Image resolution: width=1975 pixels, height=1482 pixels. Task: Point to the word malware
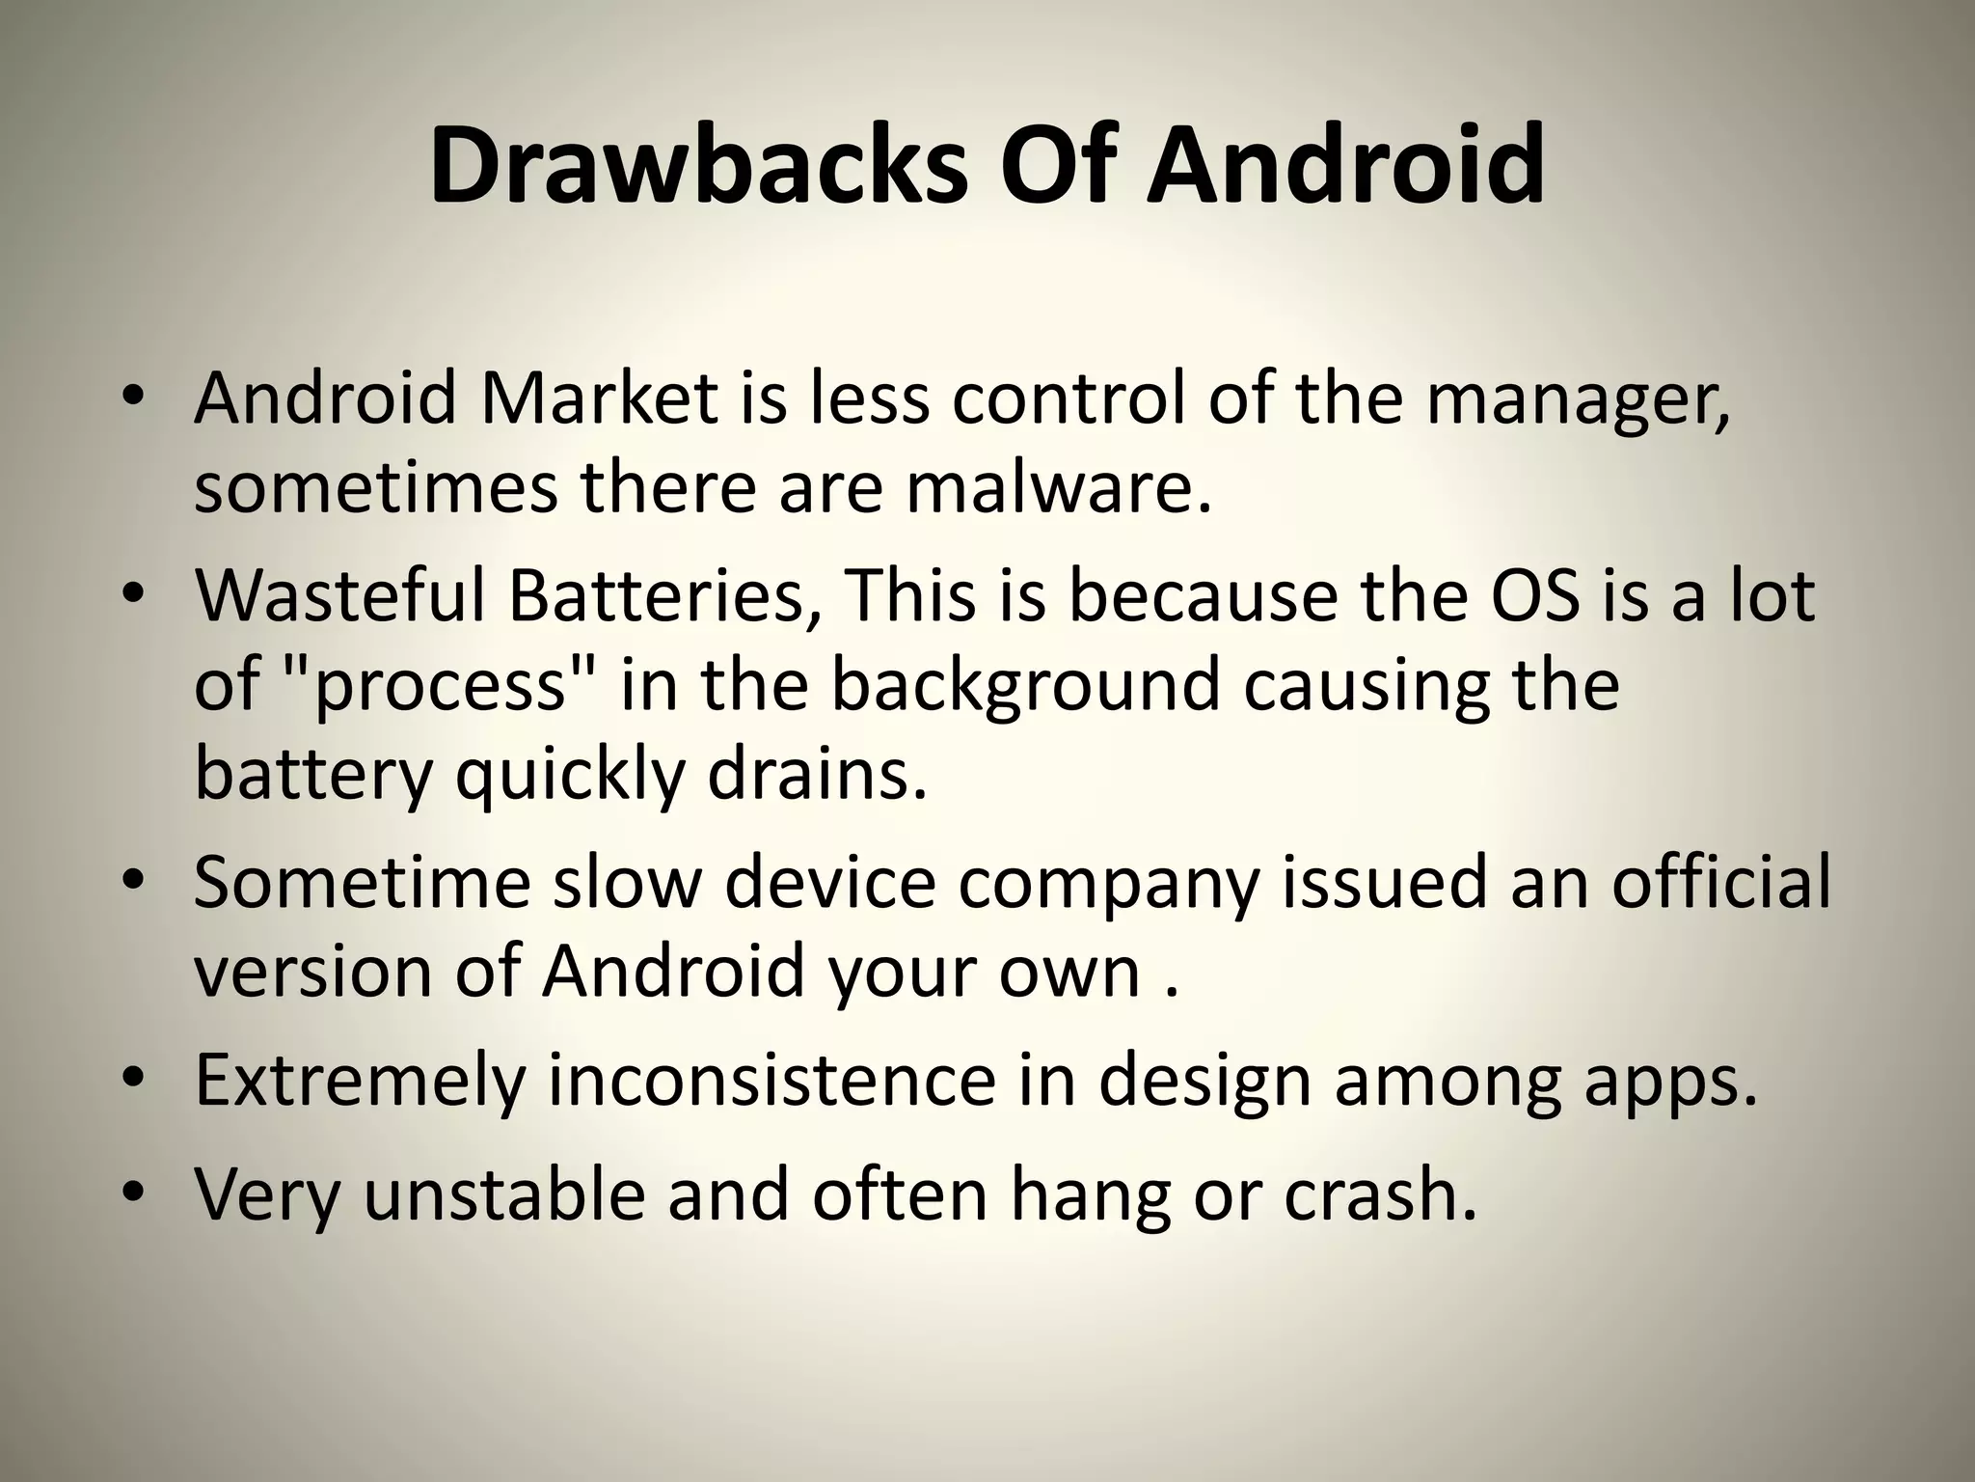pos(1057,487)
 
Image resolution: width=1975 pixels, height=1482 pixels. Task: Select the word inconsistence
pos(771,1081)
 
